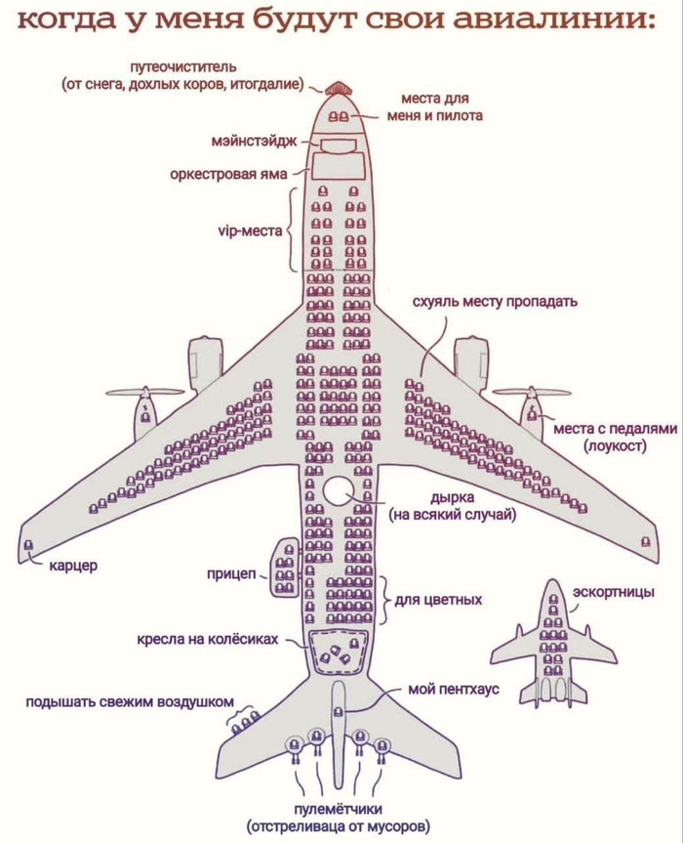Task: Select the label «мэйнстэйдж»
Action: click(x=254, y=142)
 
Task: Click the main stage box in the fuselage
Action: click(x=338, y=146)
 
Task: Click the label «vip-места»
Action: click(x=250, y=232)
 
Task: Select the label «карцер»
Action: click(x=73, y=565)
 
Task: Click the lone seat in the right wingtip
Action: click(x=645, y=542)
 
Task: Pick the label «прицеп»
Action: click(x=232, y=573)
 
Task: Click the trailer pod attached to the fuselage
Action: click(x=284, y=568)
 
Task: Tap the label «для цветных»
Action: click(x=439, y=600)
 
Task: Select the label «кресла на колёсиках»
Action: click(x=208, y=639)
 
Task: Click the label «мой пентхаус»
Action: click(x=454, y=689)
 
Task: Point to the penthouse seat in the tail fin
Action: click(x=339, y=712)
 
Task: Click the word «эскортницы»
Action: click(x=614, y=593)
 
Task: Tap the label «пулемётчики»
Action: click(x=338, y=809)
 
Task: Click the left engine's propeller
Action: click(x=143, y=394)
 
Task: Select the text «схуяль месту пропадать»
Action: click(x=495, y=301)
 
